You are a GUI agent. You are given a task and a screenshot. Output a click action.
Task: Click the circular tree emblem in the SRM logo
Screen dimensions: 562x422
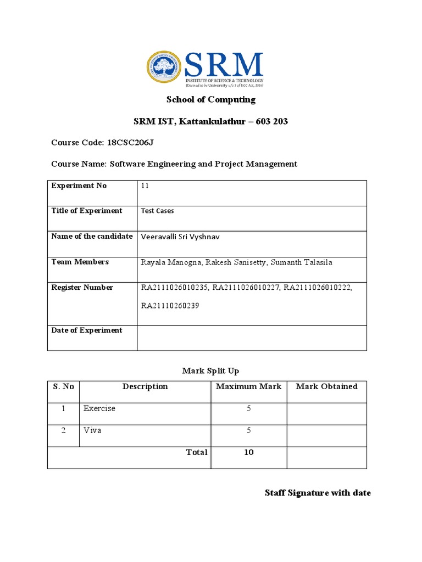pos(163,68)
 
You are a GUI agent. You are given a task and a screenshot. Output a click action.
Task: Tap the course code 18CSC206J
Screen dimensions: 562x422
pos(130,143)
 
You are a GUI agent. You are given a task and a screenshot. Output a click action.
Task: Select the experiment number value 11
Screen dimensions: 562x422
pos(145,186)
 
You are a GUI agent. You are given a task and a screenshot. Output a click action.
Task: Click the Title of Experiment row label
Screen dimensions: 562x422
pos(87,211)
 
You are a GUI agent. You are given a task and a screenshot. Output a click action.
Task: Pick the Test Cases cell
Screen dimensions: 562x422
pos(158,211)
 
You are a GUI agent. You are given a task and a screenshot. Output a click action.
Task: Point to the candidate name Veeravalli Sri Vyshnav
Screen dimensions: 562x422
pos(184,237)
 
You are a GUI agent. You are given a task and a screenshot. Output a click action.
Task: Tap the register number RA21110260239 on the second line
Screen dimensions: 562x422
pos(170,306)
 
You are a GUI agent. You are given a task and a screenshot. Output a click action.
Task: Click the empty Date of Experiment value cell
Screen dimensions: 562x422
pos(252,338)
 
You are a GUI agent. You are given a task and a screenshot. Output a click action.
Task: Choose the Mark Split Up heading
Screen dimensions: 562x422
pos(211,371)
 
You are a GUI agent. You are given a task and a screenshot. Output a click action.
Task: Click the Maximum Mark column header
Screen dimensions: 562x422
pos(248,386)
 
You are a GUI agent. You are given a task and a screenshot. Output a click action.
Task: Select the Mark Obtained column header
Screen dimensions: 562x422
pos(326,386)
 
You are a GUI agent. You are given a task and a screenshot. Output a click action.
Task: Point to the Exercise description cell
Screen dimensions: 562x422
pos(99,409)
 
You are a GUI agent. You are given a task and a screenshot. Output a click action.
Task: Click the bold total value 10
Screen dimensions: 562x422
pos(248,452)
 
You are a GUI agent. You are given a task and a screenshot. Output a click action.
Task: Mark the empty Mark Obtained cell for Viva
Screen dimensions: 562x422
pos(326,435)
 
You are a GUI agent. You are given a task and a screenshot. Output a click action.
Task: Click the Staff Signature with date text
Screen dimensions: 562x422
pos(318,493)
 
